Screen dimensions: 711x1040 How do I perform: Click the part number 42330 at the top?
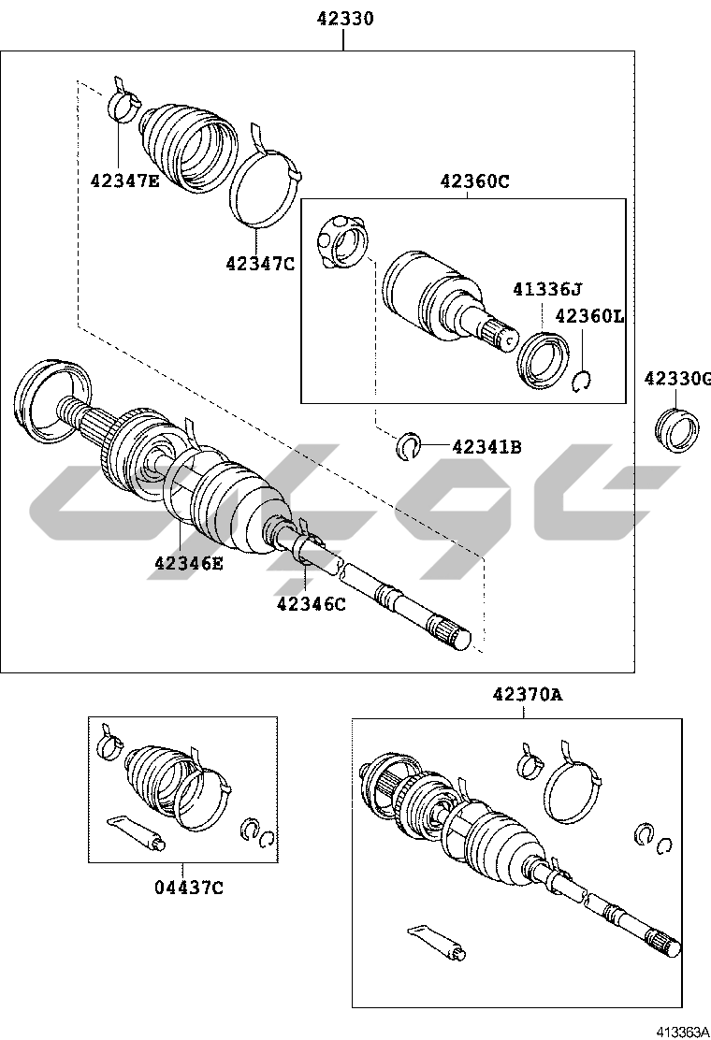tap(345, 19)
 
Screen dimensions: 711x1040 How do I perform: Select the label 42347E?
tap(124, 180)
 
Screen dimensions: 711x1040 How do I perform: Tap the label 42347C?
tap(260, 264)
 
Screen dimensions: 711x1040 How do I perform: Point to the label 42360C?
tap(475, 181)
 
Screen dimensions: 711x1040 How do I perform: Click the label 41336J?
tap(547, 289)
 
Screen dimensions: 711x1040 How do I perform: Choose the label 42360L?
tap(589, 316)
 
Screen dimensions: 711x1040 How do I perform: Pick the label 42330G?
tap(677, 379)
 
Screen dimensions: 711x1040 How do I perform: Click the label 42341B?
tap(486, 448)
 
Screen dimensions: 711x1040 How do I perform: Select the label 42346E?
tap(189, 563)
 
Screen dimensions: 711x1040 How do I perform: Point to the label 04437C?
tap(189, 888)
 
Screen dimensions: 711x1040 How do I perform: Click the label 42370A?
tap(528, 695)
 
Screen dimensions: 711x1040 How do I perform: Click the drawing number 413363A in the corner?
tap(683, 1032)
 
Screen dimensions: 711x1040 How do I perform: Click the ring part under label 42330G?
tap(675, 432)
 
